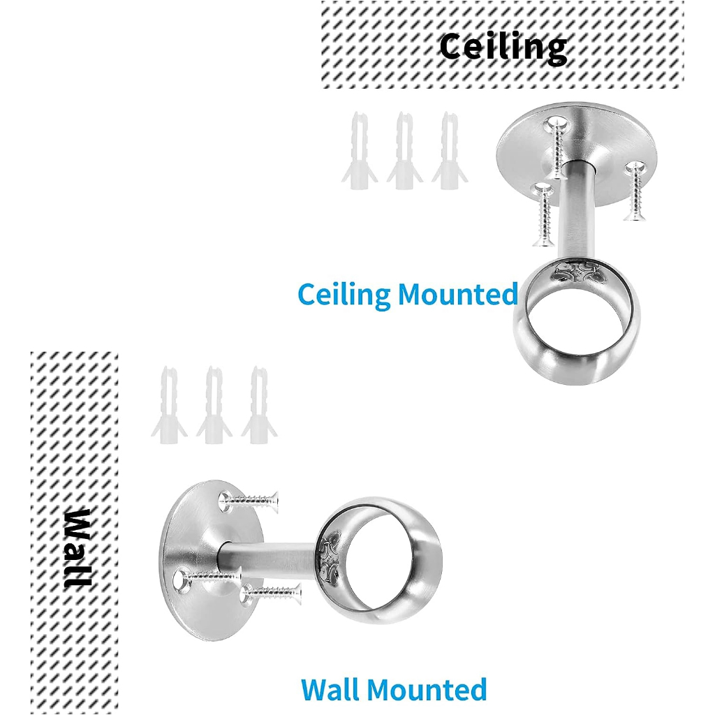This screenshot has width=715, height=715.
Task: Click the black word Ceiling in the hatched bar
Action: coord(503,47)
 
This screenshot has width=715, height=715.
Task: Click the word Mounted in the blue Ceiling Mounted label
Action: coord(458,295)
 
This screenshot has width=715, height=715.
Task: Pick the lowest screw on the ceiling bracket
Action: coord(543,216)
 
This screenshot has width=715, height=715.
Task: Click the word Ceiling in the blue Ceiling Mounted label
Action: coord(344,295)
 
